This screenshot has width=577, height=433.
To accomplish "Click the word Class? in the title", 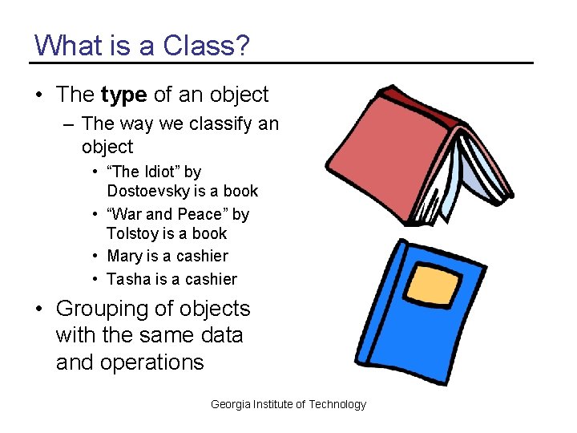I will (207, 45).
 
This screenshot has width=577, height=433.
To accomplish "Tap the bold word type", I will (123, 95).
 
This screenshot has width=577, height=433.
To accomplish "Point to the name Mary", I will (124, 257).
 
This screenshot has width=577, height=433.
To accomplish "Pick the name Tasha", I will (127, 279).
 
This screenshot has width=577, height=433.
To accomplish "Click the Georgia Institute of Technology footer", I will (288, 404).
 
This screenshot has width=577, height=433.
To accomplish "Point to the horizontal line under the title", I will (280, 63).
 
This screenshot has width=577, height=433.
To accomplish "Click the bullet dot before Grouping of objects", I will (38, 310).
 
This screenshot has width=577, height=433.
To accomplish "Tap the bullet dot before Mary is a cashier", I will (95, 257).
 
